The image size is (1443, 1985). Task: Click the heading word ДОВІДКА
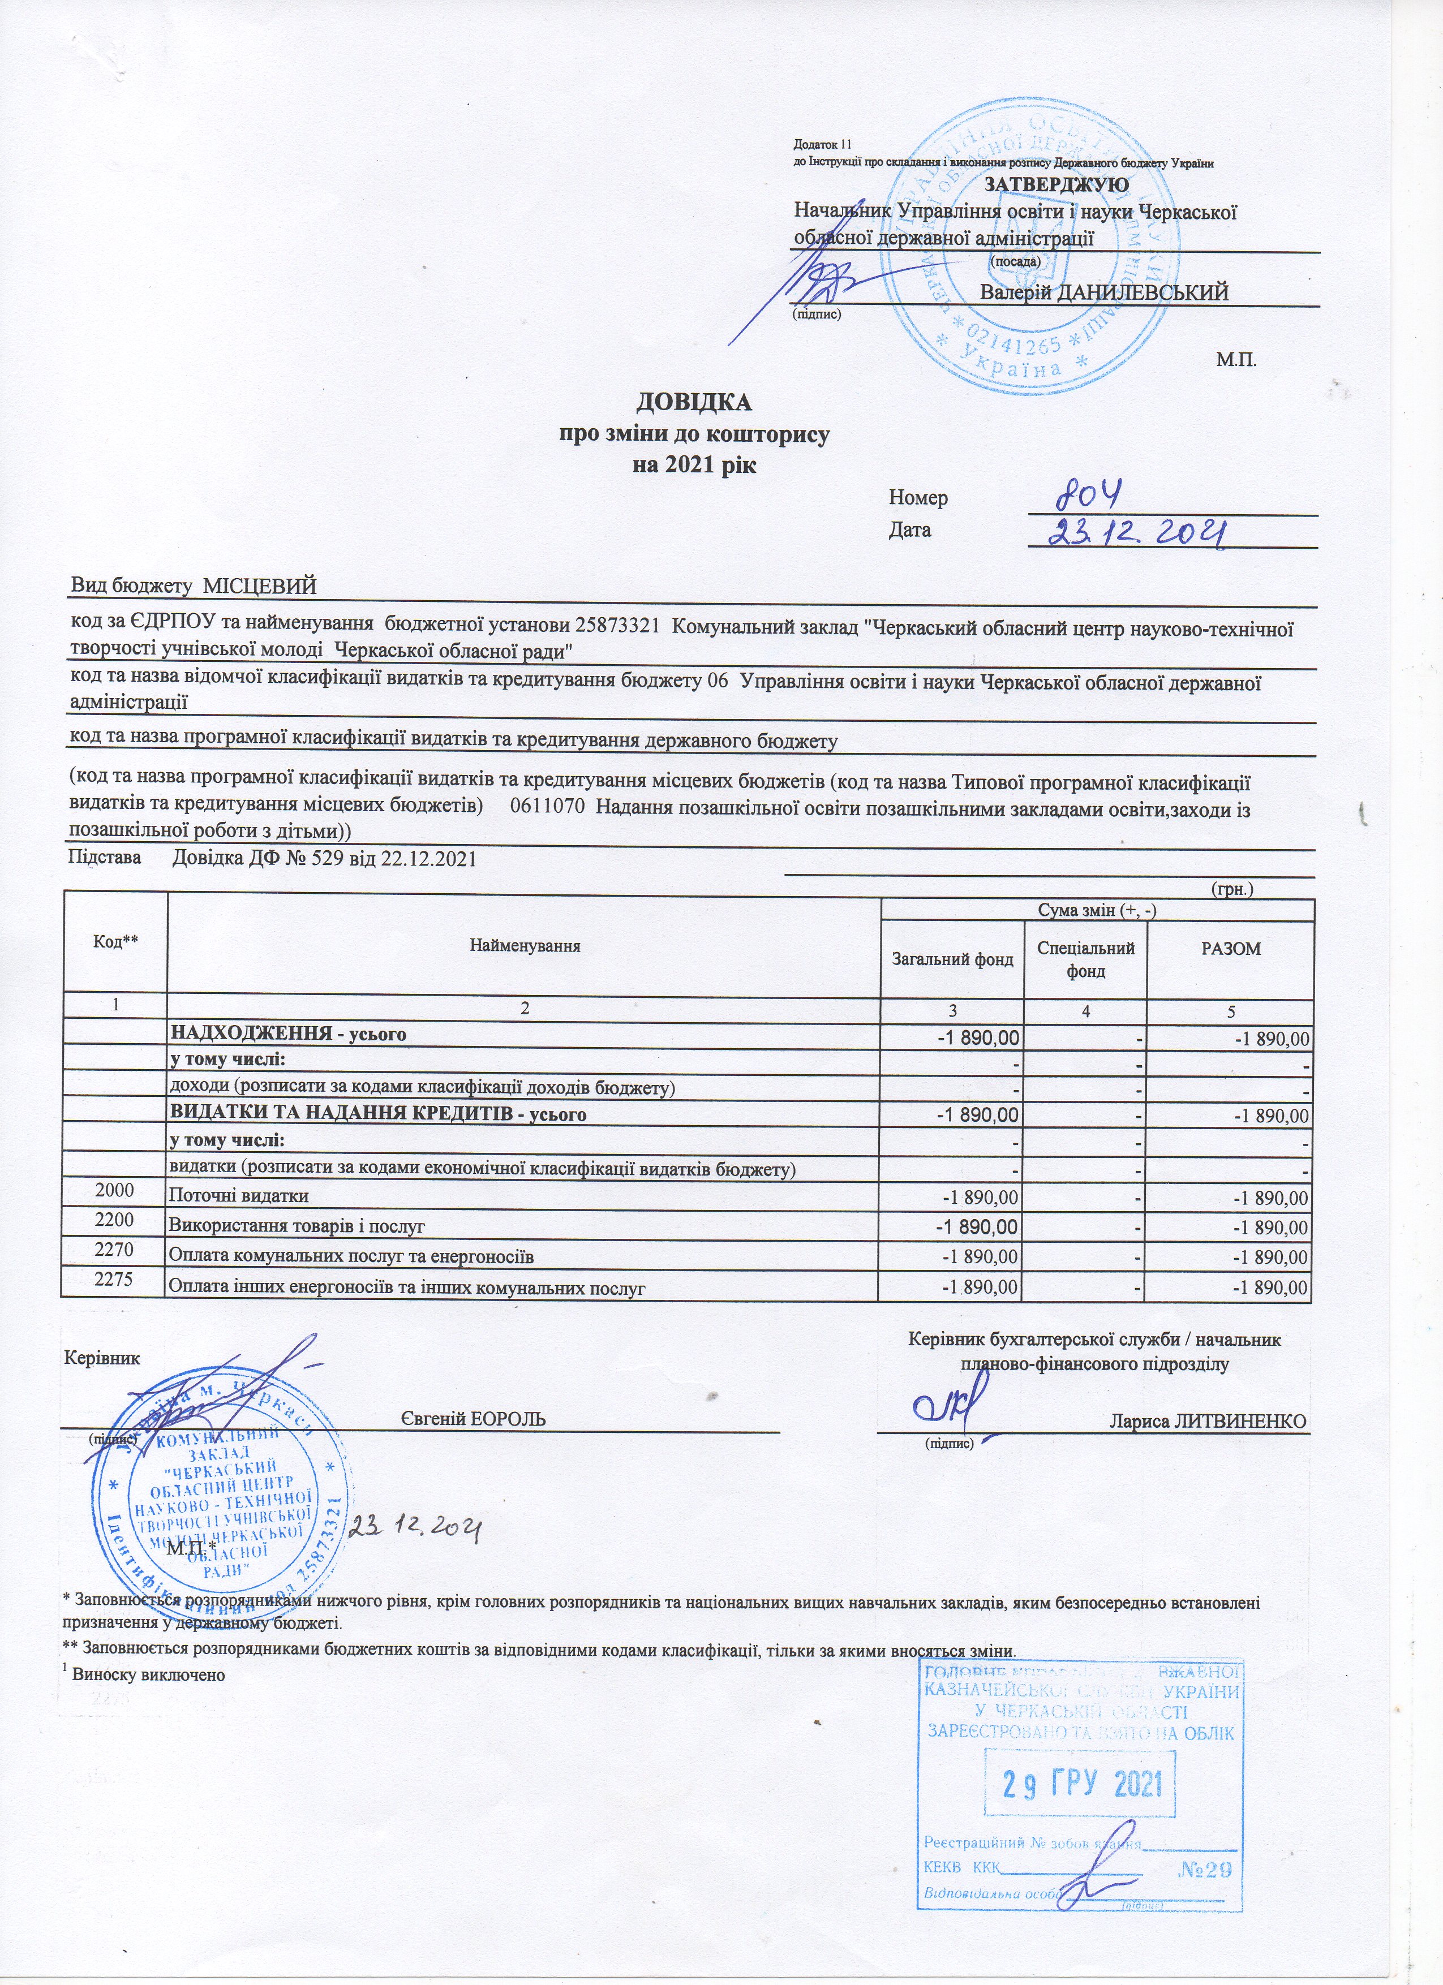pyautogui.click(x=693, y=403)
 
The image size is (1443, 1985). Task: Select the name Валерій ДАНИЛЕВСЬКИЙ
pyautogui.click(x=1105, y=292)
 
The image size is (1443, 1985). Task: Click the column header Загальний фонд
pyautogui.click(x=952, y=959)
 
